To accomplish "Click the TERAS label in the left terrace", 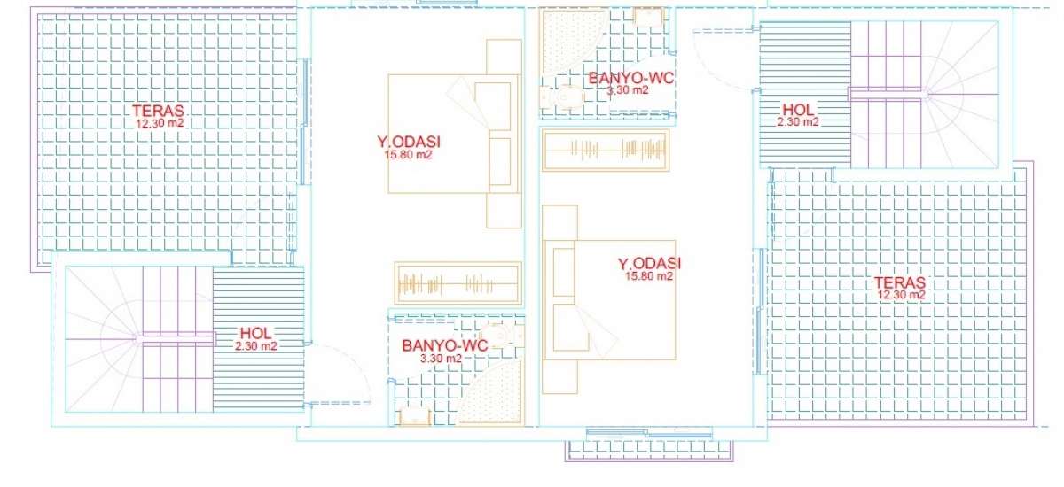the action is coord(158,111).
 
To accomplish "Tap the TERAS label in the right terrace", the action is coord(900,282).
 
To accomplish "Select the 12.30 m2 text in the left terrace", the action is coord(160,123).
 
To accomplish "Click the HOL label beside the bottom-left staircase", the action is coord(256,333).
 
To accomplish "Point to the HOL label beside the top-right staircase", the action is coord(799,110).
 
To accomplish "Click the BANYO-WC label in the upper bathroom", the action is coord(631,78).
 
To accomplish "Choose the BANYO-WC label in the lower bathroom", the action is coord(444,345).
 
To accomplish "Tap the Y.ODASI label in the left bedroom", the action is coord(409,142).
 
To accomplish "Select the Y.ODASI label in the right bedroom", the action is coord(649,263).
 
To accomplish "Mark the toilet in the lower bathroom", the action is coord(501,336).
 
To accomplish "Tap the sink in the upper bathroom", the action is coord(648,17).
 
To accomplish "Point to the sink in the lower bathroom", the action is coord(415,416).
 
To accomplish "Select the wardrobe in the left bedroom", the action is coord(458,283).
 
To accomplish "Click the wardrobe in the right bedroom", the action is coord(606,150).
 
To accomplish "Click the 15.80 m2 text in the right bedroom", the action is coord(649,275).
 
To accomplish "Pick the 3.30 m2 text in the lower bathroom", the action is coord(441,359).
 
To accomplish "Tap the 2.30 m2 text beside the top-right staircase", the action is coord(798,122).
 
